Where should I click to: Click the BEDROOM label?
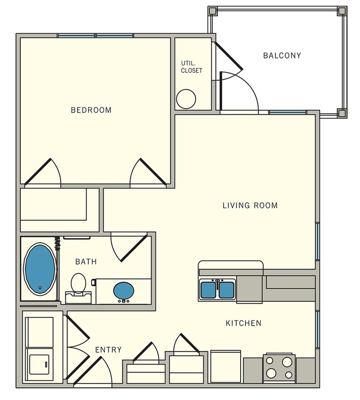(91, 110)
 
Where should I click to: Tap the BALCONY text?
(282, 55)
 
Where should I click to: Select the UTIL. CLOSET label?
(191, 67)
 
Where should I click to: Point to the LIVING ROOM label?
(250, 205)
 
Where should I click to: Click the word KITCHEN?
(243, 323)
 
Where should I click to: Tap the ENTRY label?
(108, 350)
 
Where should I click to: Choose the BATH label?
(86, 262)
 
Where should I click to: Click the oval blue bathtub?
(40, 268)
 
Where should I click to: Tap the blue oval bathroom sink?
(124, 289)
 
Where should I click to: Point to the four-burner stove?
(279, 367)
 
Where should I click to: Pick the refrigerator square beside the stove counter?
(225, 366)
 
